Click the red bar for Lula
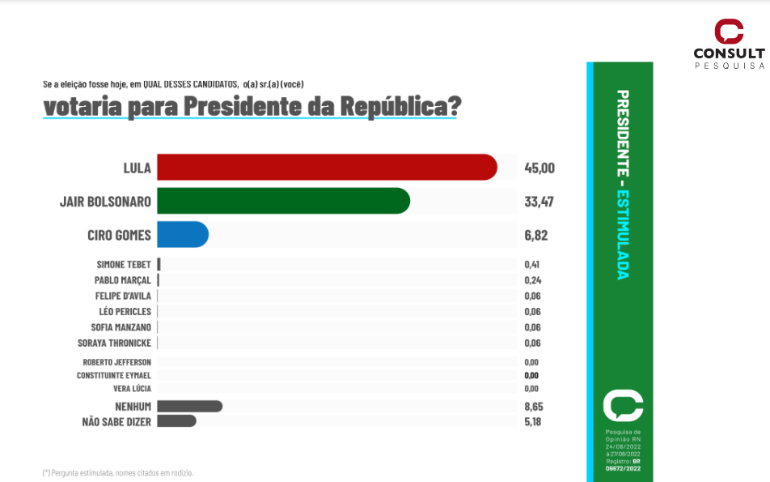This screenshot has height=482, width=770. point(327,167)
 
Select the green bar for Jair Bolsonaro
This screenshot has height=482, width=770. point(283,201)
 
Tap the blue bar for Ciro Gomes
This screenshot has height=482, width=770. point(182,235)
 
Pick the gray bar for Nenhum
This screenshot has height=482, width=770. point(189,406)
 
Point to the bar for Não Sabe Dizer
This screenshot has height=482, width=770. point(176,421)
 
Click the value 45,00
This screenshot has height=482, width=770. point(539,168)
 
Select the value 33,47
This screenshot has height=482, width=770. point(539,202)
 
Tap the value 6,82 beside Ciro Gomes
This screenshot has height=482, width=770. point(536,236)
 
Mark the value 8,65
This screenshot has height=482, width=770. point(532,406)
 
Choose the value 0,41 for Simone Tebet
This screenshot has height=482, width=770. point(532,264)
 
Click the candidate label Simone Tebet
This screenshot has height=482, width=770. point(123,264)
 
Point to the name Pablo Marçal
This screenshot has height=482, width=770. point(122,279)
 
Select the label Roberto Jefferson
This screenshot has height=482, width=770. point(116,362)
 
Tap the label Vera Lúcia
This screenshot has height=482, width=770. point(132,388)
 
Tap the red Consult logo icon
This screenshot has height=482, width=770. point(728,32)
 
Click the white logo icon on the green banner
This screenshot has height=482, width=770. point(623,406)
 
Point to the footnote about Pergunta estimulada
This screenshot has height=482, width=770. point(117,472)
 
